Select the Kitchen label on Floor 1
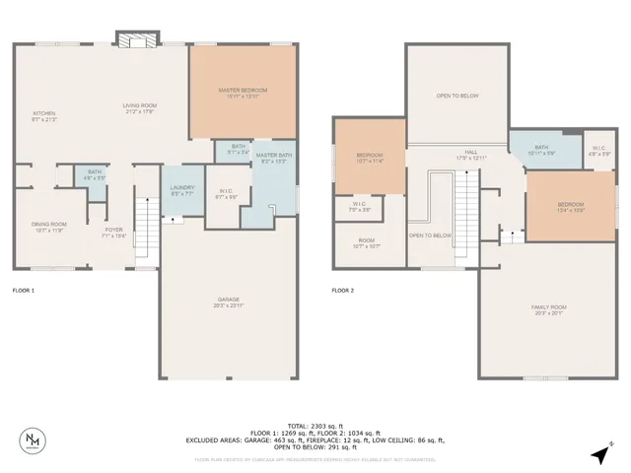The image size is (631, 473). [x=43, y=114]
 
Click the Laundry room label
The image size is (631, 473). [x=181, y=189]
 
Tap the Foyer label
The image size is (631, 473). [x=115, y=232]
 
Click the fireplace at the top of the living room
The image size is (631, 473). [x=136, y=39]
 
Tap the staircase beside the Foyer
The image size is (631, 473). [x=146, y=231]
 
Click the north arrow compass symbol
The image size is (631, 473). [x=599, y=454]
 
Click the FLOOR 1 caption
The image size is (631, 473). [x=23, y=291]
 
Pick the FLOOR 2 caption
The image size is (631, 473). [x=342, y=291]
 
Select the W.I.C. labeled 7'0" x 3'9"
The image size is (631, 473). [x=359, y=207]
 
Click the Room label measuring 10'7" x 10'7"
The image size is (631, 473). [x=367, y=243]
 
